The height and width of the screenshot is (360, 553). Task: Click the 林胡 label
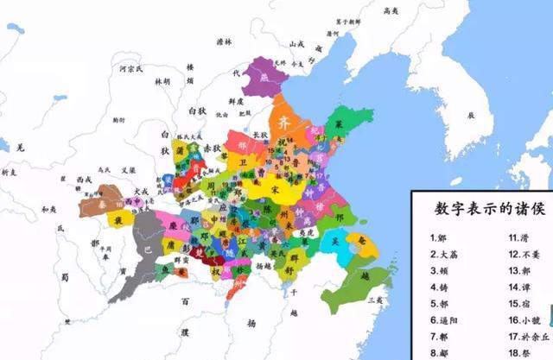162,81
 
